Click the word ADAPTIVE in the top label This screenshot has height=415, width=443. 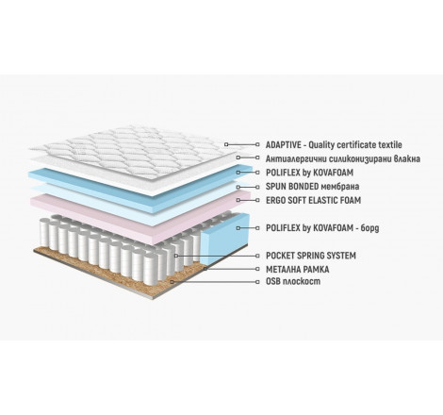point(282,145)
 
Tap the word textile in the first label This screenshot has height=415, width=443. point(389,145)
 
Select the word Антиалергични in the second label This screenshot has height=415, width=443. point(289,158)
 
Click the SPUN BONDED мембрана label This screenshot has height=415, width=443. point(312,187)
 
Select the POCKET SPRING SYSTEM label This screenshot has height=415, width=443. point(311,256)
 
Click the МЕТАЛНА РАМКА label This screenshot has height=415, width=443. point(297,270)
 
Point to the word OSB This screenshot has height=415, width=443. point(272,281)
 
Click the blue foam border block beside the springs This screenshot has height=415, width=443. point(224,239)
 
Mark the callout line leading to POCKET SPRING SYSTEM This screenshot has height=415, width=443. point(217,256)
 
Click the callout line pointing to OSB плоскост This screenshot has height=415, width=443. point(215,282)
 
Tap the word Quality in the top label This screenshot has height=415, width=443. point(321,145)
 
